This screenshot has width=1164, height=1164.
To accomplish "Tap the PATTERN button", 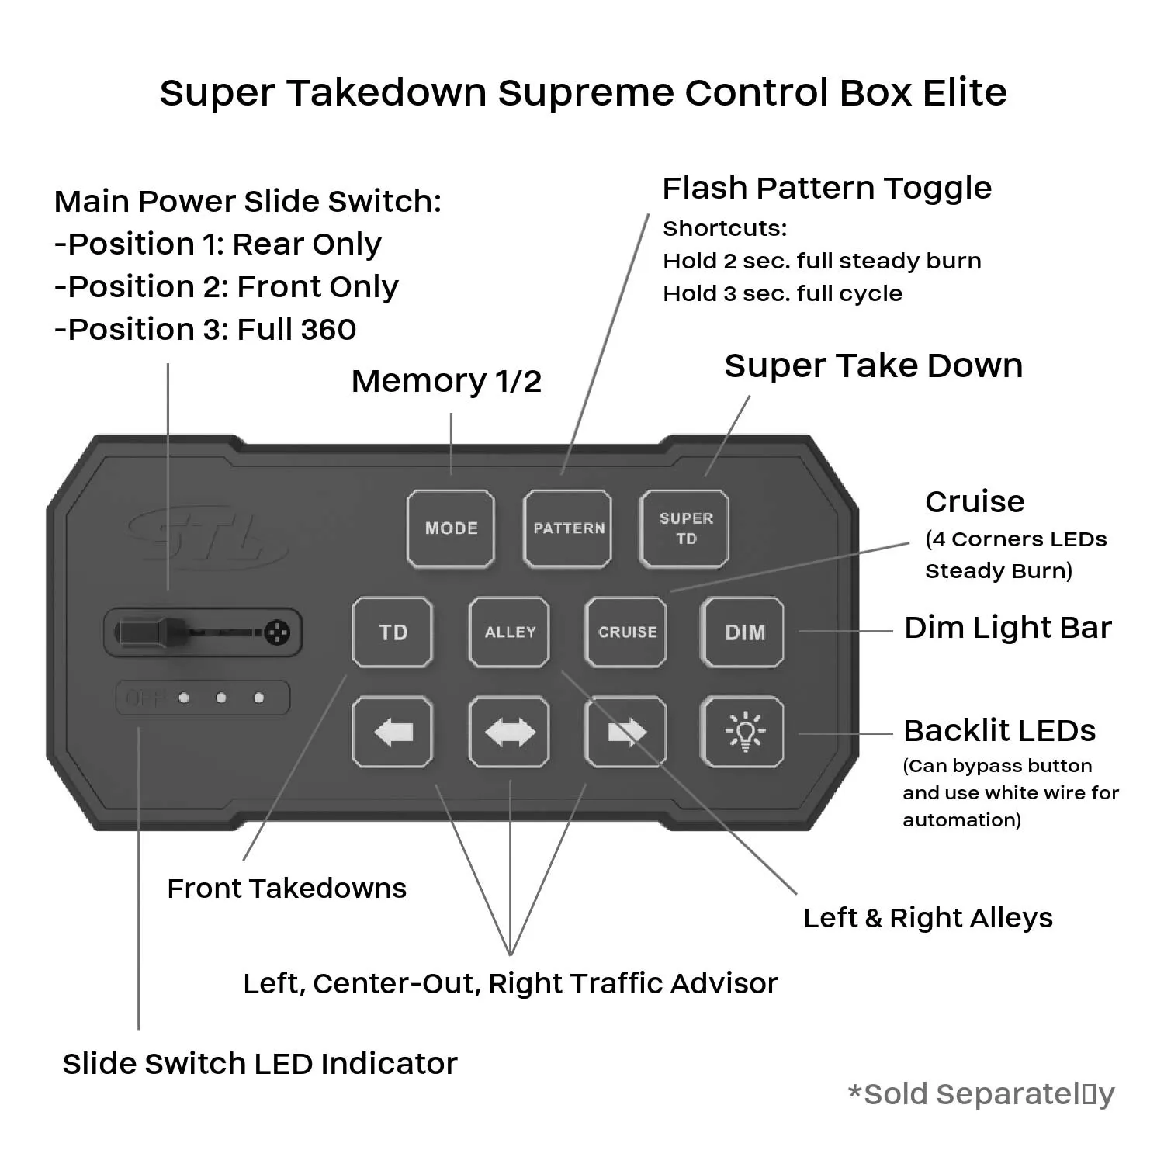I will (567, 528).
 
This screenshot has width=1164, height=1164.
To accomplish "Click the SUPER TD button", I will (684, 528).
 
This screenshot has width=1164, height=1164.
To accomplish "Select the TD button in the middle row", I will (393, 632).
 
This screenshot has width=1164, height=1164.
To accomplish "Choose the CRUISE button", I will (625, 632).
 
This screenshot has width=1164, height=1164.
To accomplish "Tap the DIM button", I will (743, 632).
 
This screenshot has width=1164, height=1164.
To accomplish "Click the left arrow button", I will (393, 732).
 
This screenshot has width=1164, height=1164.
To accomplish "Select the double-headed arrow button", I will (509, 732).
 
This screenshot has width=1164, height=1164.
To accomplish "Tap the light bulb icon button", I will (743, 732).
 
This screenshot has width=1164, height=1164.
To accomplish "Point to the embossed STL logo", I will (206, 535).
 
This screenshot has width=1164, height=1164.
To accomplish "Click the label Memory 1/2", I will (446, 381).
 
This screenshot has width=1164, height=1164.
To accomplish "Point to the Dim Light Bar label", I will (1008, 628).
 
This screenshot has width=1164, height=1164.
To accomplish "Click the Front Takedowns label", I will (286, 889).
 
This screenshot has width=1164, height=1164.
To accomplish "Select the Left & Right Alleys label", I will (928, 918).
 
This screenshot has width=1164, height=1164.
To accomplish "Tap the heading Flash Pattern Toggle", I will (826, 188).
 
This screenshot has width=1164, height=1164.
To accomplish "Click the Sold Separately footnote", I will (982, 1094).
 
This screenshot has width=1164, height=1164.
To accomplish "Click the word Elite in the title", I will (965, 92).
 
